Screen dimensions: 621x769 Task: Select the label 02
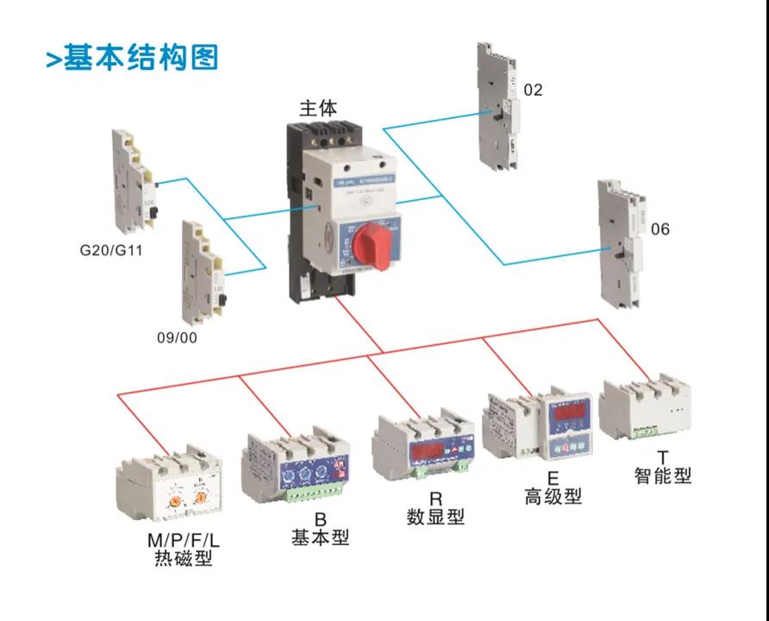click(x=534, y=90)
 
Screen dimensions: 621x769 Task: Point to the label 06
click(x=660, y=229)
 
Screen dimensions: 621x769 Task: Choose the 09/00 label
click(x=177, y=337)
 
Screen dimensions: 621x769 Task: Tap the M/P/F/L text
click(x=178, y=541)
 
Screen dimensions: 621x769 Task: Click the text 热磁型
click(x=178, y=559)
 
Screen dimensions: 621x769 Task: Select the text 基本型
click(x=320, y=537)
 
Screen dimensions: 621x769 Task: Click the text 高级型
click(x=553, y=496)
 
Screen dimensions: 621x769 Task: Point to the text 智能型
click(x=662, y=474)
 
